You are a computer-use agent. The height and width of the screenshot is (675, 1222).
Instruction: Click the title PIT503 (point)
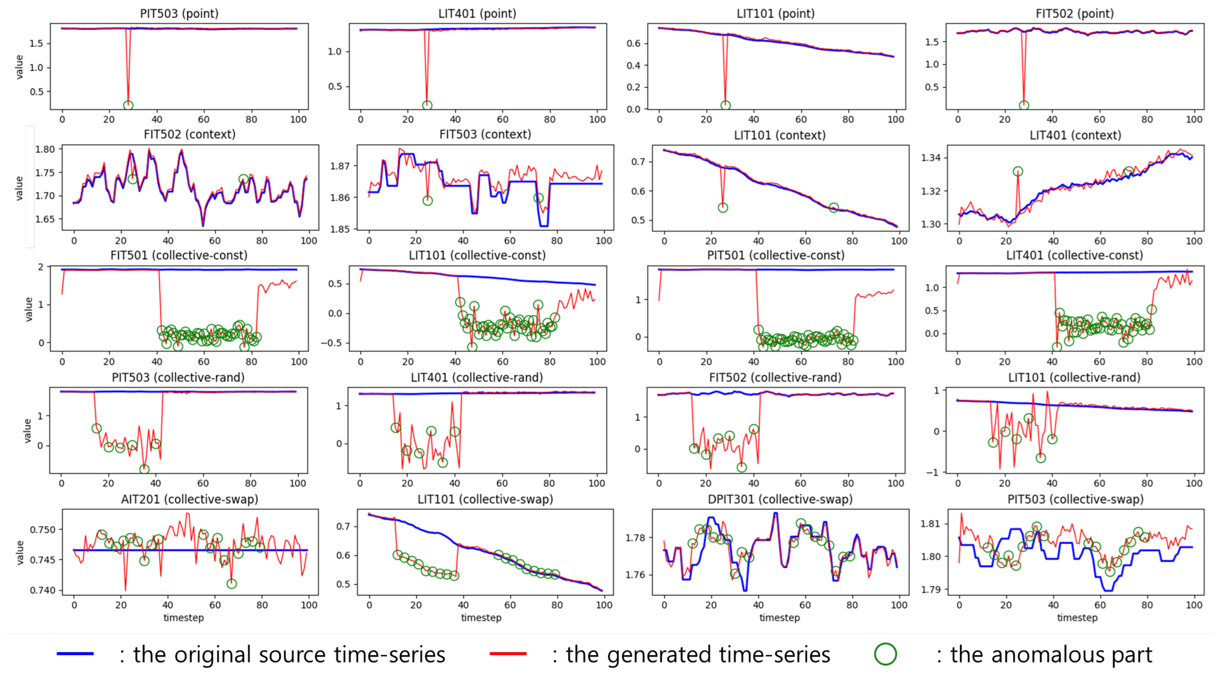pyautogui.click(x=179, y=13)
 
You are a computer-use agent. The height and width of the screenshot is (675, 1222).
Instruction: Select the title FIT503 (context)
pyautogui.click(x=485, y=134)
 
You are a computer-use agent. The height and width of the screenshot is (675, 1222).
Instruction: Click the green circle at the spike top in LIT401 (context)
pyautogui.click(x=1018, y=171)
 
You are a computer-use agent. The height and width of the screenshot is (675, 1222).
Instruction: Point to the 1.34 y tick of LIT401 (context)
pyautogui.click(x=930, y=158)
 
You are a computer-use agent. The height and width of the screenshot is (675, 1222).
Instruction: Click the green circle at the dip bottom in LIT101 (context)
pyautogui.click(x=722, y=208)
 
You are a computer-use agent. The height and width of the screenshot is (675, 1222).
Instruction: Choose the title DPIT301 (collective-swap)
pyautogui.click(x=780, y=500)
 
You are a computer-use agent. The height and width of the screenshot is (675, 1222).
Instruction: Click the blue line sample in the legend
pyautogui.click(x=75, y=654)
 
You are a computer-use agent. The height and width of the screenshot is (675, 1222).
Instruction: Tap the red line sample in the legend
pyautogui.click(x=508, y=654)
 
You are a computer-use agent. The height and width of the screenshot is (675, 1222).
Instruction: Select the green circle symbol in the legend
pyautogui.click(x=885, y=654)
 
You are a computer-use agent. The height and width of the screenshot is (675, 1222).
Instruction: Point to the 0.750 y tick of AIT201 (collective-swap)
pyautogui.click(x=42, y=530)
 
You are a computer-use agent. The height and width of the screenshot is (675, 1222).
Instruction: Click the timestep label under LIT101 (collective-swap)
pyautogui.click(x=481, y=618)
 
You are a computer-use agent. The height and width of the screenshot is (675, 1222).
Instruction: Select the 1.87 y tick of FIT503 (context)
pyautogui.click(x=340, y=166)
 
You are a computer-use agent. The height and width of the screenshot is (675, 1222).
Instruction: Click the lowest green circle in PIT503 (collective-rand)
pyautogui.click(x=144, y=469)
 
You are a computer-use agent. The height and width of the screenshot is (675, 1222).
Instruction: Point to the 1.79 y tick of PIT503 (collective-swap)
pyautogui.click(x=930, y=590)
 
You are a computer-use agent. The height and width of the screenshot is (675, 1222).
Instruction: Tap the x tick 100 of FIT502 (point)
pyautogui.click(x=1194, y=119)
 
